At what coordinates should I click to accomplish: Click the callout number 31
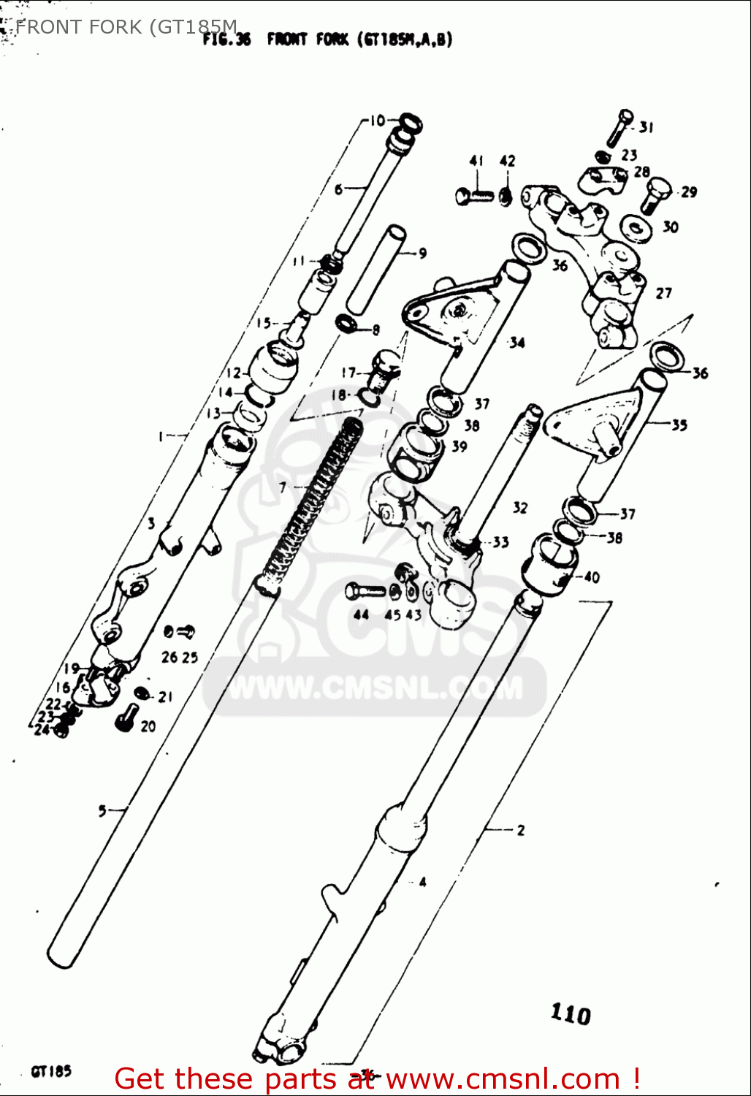point(646,128)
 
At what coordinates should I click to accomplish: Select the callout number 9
point(422,254)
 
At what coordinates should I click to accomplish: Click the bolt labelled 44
point(364,590)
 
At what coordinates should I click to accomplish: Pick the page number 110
point(571,1013)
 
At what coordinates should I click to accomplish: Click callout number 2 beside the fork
point(520,830)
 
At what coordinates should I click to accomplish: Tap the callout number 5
point(102,810)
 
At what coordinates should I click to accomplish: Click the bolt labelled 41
point(474,196)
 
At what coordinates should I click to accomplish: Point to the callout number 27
point(663,293)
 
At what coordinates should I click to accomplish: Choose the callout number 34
point(517,342)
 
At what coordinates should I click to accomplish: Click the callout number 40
point(591,577)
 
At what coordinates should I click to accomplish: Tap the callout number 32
point(519,506)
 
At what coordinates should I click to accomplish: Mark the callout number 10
point(377,121)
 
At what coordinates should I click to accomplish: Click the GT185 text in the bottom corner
point(51,1072)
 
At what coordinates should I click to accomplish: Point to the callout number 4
point(422,882)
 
